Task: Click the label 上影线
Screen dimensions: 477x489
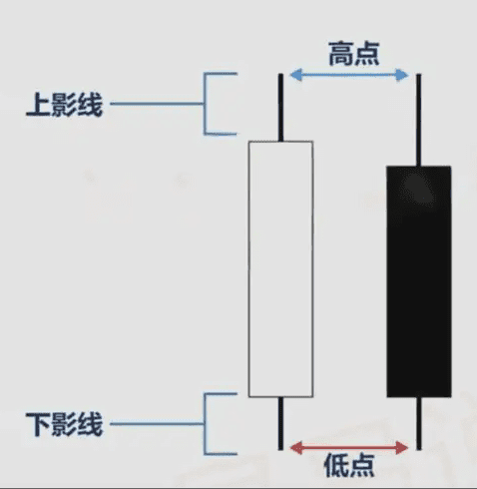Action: tap(64, 104)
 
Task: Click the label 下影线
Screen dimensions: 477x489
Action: tap(64, 424)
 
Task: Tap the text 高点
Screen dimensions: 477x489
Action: tap(354, 54)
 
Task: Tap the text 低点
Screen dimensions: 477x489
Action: tap(349, 465)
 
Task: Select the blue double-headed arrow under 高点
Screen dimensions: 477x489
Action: tap(349, 75)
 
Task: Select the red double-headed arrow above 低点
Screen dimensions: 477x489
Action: tap(349, 448)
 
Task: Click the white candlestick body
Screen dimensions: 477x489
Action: tap(280, 269)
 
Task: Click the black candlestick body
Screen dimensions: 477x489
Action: tap(419, 281)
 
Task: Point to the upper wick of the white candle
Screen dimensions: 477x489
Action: tap(280, 108)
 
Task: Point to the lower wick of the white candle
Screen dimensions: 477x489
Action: tap(280, 423)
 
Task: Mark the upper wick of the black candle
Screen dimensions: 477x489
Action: tap(419, 120)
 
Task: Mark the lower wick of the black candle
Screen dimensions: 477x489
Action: tap(419, 423)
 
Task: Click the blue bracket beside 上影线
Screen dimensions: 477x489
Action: tap(205, 104)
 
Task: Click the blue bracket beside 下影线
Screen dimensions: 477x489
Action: tap(205, 424)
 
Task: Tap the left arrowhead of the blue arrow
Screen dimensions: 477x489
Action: tap(295, 75)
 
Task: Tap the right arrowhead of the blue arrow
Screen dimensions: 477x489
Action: tap(403, 75)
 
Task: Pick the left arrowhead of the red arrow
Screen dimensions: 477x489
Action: tap(295, 448)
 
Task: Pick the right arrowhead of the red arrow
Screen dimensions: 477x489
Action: tap(403, 448)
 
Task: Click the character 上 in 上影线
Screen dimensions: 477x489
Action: tap(38, 104)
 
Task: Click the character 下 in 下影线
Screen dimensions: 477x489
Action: tap(38, 424)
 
